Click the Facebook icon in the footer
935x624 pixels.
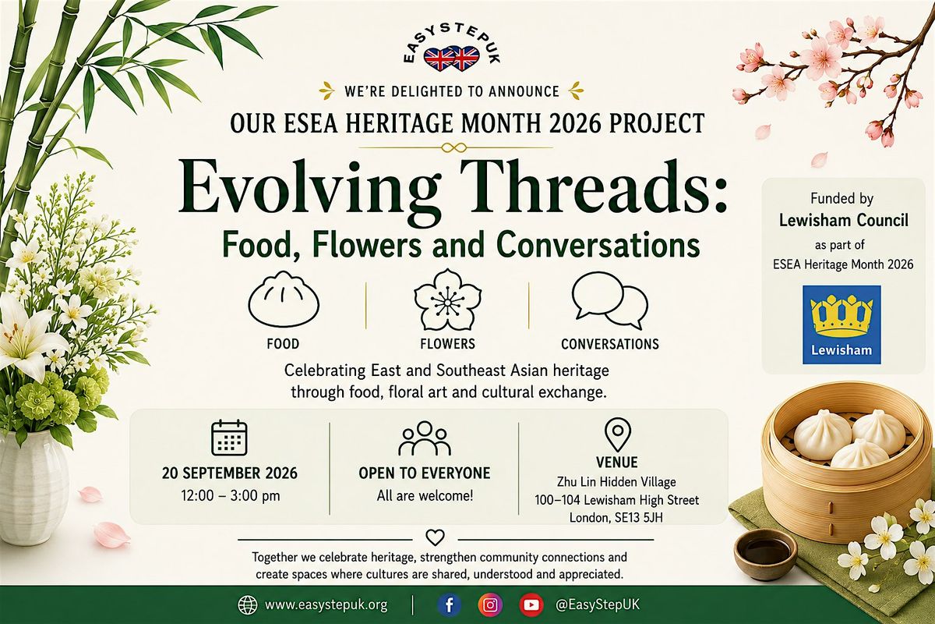(450, 604)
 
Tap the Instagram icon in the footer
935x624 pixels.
(490, 604)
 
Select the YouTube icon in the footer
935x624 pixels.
(531, 604)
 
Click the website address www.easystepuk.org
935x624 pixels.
(326, 604)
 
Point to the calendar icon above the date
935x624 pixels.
(229, 438)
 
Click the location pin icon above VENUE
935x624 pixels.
(617, 434)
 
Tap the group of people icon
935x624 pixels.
(425, 438)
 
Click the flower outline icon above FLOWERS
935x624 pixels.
(447, 300)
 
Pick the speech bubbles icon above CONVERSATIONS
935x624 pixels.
(610, 300)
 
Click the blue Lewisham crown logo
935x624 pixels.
(841, 324)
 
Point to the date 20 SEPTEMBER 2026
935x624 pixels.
(230, 473)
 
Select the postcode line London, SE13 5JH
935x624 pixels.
(616, 518)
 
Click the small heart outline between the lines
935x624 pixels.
(435, 537)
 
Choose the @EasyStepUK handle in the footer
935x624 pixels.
(598, 604)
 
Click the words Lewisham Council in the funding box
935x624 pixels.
(844, 220)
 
